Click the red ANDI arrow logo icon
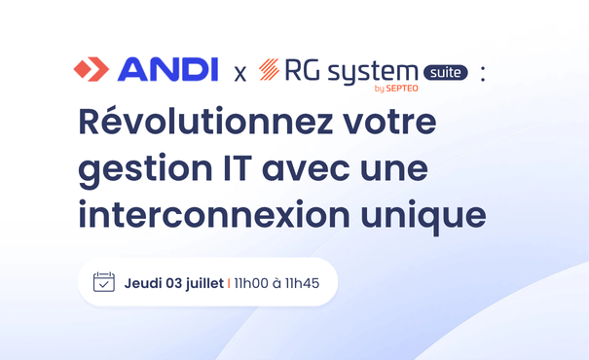pos(92,70)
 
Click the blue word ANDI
pos(166,70)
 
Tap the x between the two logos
pos(239,73)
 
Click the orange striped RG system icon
pos(270,70)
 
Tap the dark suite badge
pos(446,72)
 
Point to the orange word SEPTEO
pos(400,90)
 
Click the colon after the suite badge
pos(483,73)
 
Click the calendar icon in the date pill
pos(104,282)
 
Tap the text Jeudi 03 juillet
pos(173,283)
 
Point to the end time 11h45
pos(315,283)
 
